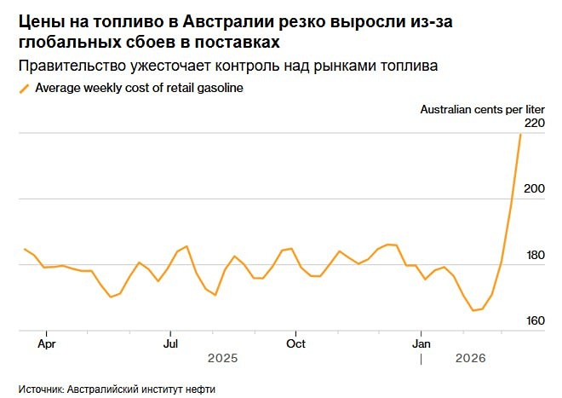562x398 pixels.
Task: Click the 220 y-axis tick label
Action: (x=534, y=123)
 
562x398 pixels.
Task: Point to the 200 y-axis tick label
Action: (x=534, y=188)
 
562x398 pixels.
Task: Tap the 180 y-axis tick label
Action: (x=534, y=255)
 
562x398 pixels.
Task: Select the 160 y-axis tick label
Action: (x=534, y=320)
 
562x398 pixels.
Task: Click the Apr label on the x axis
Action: (x=47, y=344)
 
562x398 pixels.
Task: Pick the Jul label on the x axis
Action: (x=170, y=344)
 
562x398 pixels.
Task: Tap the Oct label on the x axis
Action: (x=295, y=344)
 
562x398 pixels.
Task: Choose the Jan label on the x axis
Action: (x=421, y=344)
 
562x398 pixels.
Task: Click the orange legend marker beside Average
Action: (x=24, y=88)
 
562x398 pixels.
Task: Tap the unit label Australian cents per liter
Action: (x=482, y=108)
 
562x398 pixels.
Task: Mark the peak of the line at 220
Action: (x=520, y=134)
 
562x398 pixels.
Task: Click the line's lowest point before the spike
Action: (x=473, y=310)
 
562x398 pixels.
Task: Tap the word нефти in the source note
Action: (x=201, y=389)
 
